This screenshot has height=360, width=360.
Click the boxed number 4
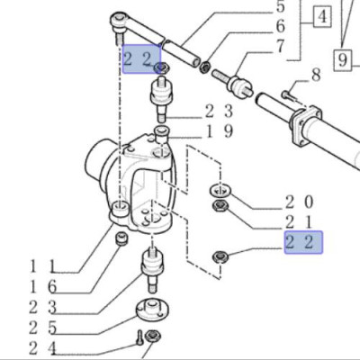321,15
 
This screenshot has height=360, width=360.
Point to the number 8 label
315,75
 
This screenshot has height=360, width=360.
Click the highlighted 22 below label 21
302,243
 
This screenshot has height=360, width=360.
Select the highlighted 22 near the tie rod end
140,59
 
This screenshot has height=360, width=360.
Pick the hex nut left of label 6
206,67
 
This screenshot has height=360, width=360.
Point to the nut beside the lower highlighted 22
219,258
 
